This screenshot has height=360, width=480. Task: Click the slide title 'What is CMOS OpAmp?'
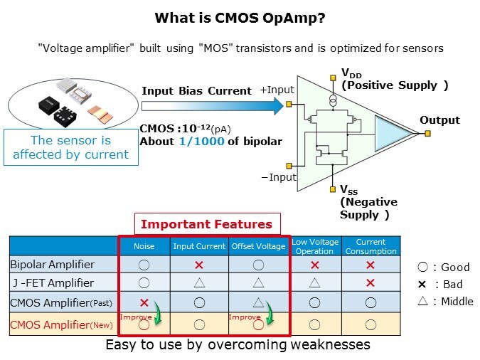coord(240,18)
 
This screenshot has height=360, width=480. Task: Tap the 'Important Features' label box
coord(206,224)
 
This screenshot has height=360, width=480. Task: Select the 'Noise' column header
coord(144,246)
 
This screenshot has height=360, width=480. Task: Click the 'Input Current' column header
coord(200,246)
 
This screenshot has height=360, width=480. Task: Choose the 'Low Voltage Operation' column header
coord(314,246)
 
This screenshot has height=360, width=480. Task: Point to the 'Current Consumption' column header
coord(370,246)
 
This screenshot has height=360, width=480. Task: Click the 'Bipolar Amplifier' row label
coord(52,264)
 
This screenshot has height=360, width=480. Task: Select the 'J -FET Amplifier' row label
coord(52,282)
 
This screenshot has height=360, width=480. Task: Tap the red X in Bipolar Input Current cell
coord(200,264)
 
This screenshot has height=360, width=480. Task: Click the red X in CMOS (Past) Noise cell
coord(144,302)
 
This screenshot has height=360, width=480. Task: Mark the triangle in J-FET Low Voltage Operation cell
coord(314,282)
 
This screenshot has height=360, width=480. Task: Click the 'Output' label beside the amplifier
coord(439,120)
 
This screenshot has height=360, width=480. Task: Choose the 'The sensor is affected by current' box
coord(70,147)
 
